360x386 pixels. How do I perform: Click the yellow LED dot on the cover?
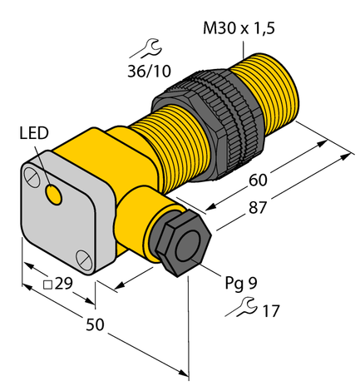[55, 195]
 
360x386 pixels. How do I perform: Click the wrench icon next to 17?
[243, 311]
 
